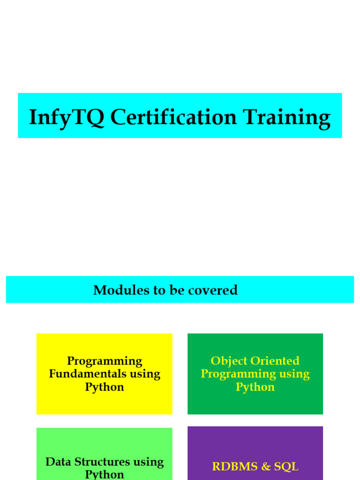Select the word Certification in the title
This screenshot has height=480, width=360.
(x=173, y=117)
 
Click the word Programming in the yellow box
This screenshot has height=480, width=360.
(x=105, y=361)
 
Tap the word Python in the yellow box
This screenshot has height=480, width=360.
(x=105, y=387)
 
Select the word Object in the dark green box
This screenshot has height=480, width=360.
(x=229, y=361)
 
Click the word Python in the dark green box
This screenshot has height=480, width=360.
(x=255, y=387)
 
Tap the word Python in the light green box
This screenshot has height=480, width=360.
(x=105, y=474)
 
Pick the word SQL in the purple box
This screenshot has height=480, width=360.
(x=287, y=466)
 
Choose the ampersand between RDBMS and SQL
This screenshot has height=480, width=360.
(x=266, y=466)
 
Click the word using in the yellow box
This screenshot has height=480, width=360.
(x=145, y=374)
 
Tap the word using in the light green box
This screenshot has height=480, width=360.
(x=149, y=462)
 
